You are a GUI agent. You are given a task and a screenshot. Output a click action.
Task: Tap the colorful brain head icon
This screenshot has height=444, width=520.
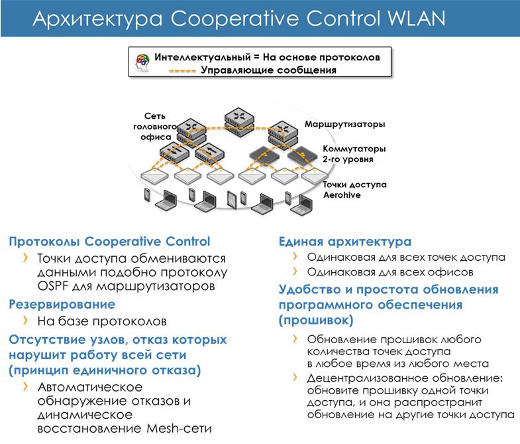[x=142, y=62]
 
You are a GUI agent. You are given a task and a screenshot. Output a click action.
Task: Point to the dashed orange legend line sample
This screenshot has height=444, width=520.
[x=182, y=71]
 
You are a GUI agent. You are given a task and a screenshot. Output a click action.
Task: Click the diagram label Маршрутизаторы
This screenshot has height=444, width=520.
[x=345, y=124]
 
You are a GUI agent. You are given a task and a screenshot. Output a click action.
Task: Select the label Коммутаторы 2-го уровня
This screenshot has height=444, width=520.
[x=354, y=154]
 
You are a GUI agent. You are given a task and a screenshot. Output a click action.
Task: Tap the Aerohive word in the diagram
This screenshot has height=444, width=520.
[x=342, y=194]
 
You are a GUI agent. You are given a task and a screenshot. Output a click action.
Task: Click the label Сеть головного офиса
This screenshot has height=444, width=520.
[x=155, y=127]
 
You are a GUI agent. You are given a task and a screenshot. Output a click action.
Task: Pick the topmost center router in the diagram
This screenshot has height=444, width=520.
[x=239, y=122]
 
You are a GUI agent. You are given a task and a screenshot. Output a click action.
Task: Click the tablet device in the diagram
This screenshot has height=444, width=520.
[x=232, y=200]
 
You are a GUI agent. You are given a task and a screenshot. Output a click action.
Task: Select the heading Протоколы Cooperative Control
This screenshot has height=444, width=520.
[x=109, y=242]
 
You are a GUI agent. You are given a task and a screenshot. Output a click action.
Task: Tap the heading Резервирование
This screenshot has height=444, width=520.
[x=62, y=305]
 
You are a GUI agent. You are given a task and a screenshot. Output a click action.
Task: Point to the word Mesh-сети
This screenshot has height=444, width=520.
[x=179, y=428]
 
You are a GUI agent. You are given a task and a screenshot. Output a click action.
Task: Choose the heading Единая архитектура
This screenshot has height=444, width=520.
[x=345, y=242]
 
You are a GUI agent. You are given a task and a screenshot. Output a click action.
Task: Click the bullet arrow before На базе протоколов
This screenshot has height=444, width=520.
[x=26, y=321]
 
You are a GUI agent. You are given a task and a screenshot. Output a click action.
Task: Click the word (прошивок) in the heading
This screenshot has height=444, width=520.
[x=316, y=320]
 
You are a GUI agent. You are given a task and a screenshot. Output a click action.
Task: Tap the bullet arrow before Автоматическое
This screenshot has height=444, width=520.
[x=26, y=386]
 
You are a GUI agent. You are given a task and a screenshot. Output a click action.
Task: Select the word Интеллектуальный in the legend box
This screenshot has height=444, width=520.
[x=202, y=57]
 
